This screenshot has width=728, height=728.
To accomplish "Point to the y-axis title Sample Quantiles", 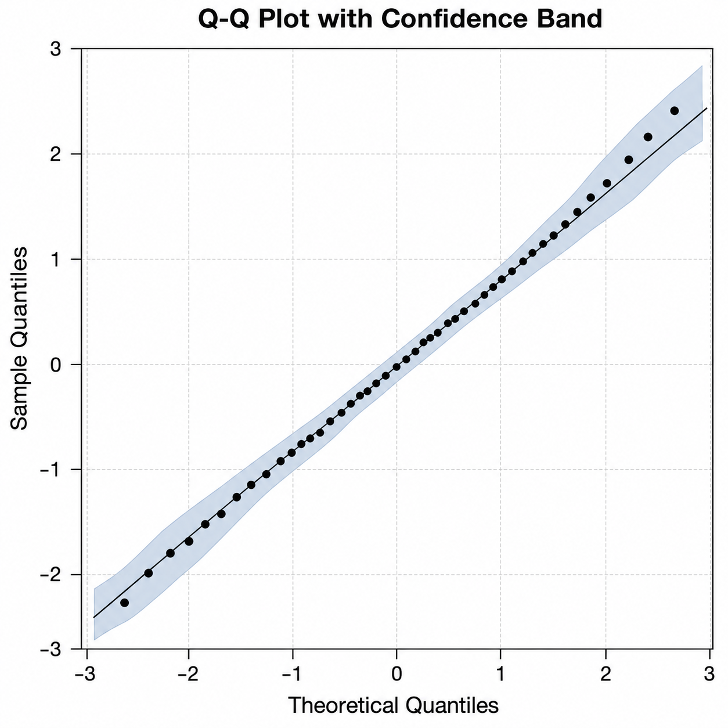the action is coord(19,338).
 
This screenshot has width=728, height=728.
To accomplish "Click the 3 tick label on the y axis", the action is coord(56,49).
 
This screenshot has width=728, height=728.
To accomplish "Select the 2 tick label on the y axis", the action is coord(56,154).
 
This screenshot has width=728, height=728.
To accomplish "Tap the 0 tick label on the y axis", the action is coord(56,365).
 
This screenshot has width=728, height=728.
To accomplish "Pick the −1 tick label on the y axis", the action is coord(51,470).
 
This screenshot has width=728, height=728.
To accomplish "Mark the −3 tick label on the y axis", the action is coord(51,650).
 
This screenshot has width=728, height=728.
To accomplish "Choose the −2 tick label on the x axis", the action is coord(188,673).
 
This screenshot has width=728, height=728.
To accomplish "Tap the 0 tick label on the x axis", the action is coord(397,673).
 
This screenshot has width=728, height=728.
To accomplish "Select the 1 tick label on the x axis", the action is coord(500,673).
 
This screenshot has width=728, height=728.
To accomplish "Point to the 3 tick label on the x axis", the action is coord(709,673).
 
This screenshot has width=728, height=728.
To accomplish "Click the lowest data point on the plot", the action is coord(124,603).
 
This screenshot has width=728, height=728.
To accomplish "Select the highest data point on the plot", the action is coord(675,111).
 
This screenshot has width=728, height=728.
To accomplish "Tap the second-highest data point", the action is coord(648,137).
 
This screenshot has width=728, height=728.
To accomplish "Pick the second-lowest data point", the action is coord(149,573).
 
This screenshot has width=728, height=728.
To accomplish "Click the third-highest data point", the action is coord(629,160).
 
